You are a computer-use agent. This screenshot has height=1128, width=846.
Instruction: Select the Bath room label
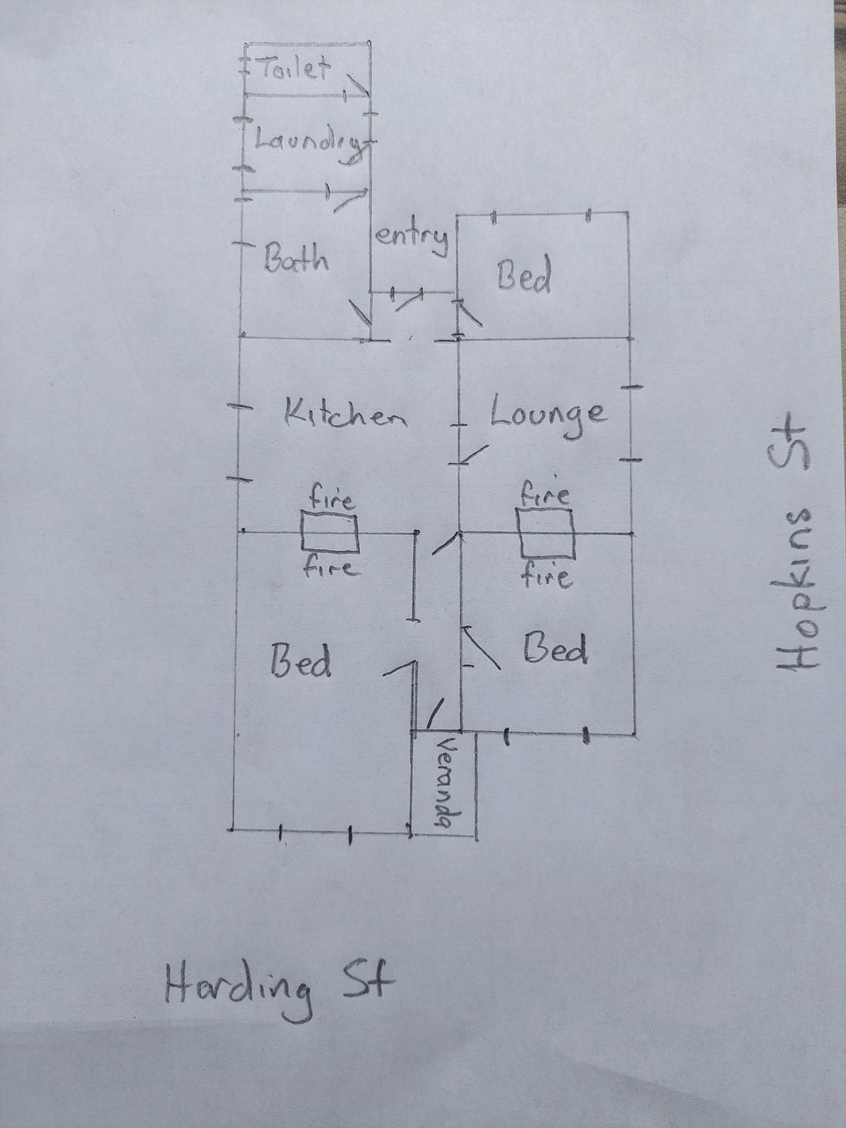(296, 259)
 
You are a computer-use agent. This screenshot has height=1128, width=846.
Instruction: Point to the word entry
(412, 238)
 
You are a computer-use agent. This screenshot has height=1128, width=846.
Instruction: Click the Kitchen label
(345, 414)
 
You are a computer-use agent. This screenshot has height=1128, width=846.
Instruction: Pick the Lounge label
(547, 414)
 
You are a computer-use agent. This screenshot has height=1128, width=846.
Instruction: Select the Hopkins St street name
(797, 544)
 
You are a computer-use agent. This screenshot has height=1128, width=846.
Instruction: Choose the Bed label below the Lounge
(555, 649)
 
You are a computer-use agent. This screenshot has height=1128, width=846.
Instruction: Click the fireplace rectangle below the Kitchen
(330, 532)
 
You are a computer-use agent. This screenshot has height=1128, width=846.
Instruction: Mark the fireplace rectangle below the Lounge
(546, 533)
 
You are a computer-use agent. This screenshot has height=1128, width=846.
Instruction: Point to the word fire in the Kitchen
(332, 499)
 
